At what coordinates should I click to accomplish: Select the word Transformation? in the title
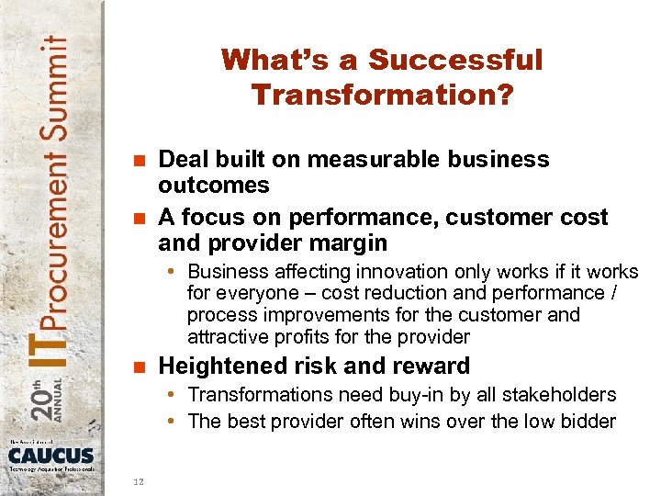[381, 95]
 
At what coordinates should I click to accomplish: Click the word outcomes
[214, 185]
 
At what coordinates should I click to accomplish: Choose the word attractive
[226, 336]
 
